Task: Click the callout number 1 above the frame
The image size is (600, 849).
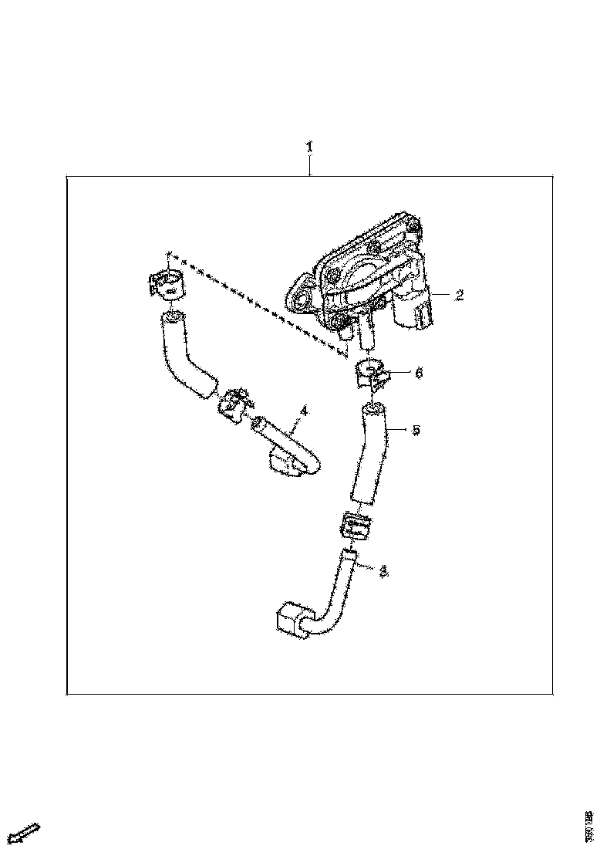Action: [x=309, y=146]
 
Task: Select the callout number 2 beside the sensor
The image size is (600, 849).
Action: [x=458, y=295]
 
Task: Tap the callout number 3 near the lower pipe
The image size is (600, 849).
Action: [x=383, y=571]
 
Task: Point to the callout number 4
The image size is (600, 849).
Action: [x=303, y=412]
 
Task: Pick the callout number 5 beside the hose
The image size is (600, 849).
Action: [x=416, y=430]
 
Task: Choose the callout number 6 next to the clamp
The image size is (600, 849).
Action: [x=419, y=373]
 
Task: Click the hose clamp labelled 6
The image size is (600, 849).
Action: [x=370, y=373]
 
